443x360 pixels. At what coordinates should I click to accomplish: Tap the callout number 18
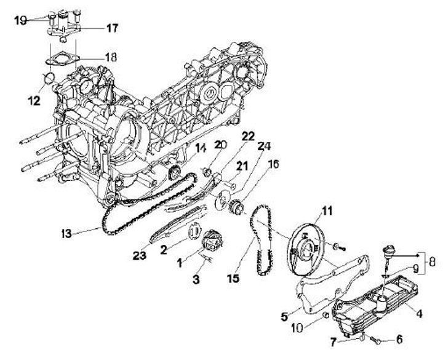coord(110,57)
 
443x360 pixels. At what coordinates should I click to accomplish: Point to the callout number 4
coord(418,313)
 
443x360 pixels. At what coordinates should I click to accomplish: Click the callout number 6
coord(399,338)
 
